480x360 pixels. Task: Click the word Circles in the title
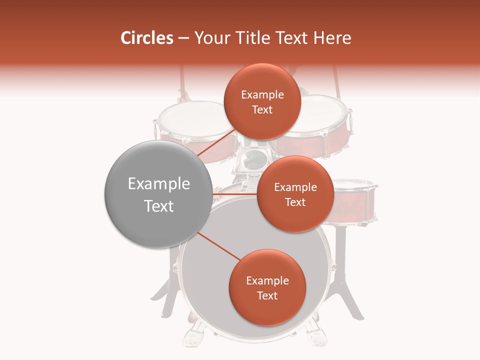146,38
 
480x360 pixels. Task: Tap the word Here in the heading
332,38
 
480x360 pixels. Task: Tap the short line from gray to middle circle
234,193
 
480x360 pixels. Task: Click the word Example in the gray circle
159,184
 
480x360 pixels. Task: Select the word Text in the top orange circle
262,110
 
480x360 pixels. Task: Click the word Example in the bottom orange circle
267,281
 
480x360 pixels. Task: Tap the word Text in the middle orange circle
295,202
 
